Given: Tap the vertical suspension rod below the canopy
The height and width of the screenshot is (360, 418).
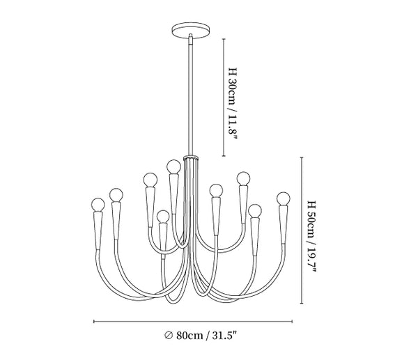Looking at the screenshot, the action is pos(191,96).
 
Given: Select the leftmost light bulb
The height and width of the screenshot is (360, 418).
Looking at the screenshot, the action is pos(98,205).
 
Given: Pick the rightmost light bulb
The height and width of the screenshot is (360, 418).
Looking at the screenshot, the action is pos(283,198).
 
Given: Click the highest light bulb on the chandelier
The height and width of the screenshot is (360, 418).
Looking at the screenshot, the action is pos(173,166).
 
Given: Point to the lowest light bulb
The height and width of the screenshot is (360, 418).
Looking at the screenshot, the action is pos(163,217).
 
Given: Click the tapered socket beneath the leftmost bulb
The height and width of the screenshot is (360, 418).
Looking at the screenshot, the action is pos(98,230).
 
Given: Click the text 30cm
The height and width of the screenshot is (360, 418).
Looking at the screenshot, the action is pos(231,91).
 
